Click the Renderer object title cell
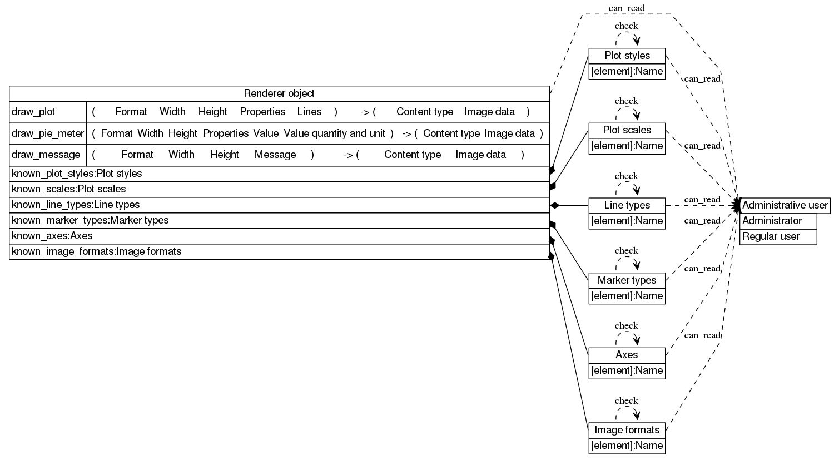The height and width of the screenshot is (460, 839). click(x=279, y=93)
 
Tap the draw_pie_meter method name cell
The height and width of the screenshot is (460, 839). click(x=48, y=133)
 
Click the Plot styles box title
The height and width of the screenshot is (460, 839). click(x=627, y=56)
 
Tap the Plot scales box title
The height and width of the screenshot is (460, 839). click(x=627, y=130)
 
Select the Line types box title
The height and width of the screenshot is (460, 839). click(x=627, y=205)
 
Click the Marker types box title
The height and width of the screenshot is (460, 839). click(x=627, y=280)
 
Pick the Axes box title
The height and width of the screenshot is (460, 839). click(x=627, y=355)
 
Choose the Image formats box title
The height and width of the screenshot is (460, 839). click(x=627, y=430)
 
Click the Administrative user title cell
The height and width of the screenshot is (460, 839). click(x=785, y=205)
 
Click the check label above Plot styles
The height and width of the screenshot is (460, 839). click(x=626, y=26)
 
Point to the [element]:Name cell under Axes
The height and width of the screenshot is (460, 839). click(x=627, y=370)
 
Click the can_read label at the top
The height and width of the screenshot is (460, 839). click(x=627, y=8)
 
